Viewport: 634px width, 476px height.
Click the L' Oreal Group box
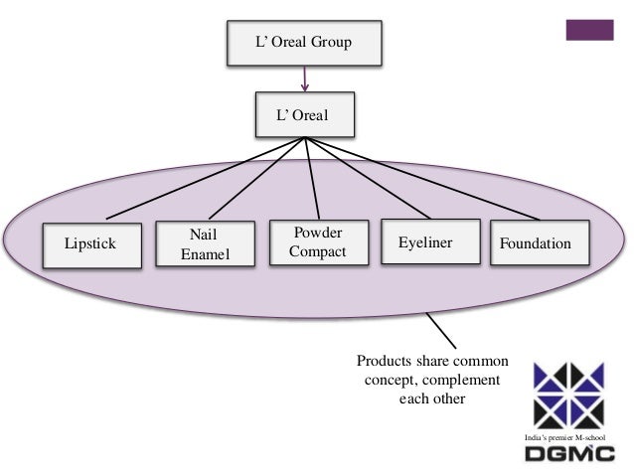point(302,42)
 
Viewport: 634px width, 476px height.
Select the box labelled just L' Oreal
point(302,115)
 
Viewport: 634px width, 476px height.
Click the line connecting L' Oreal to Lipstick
point(199,180)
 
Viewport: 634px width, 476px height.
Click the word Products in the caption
point(384,362)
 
